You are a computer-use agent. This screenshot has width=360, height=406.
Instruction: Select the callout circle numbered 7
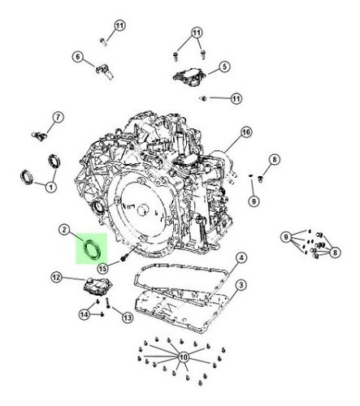(x=58, y=118)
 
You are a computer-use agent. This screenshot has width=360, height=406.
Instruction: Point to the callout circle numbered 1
(x=50, y=188)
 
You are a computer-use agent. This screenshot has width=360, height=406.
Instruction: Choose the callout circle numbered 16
(x=246, y=132)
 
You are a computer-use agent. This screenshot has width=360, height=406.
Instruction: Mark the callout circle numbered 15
(x=103, y=268)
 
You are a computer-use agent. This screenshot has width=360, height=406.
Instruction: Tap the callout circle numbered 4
(x=241, y=259)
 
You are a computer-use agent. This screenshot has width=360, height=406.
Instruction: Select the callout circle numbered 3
(x=241, y=284)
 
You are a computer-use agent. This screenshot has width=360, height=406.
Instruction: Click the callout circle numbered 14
(x=85, y=314)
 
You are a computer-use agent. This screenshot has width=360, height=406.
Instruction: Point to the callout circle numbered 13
(x=127, y=318)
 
